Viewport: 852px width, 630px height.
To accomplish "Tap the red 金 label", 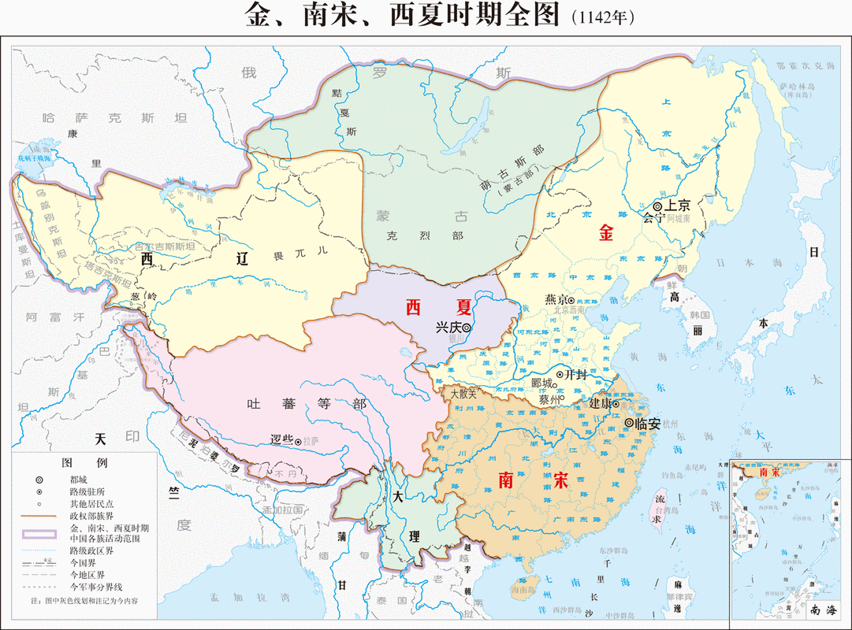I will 606,233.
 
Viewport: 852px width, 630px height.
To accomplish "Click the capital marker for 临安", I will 629,423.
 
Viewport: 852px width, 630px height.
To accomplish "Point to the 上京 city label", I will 678,205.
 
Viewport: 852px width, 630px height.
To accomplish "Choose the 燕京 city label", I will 556,299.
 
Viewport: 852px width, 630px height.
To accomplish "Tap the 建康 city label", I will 601,403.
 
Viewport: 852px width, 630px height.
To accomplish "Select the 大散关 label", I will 463,391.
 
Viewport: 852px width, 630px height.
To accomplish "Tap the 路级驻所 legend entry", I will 86,491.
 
